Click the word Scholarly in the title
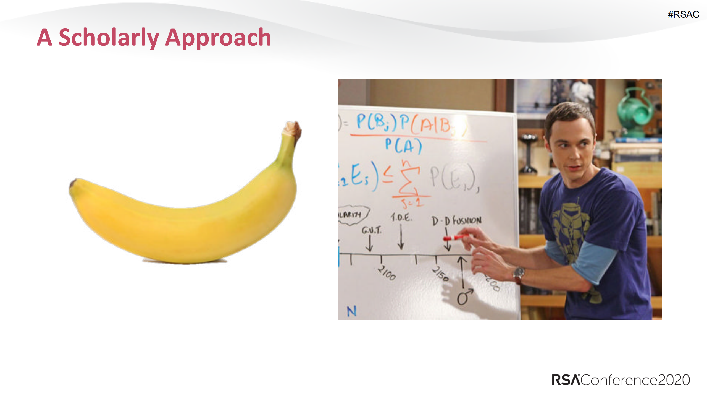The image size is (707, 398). coord(109,38)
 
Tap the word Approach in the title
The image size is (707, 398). coord(218,38)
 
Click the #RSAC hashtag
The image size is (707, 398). coord(683,14)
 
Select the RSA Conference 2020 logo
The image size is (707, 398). coord(621,380)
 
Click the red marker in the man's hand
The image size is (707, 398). coord(456,238)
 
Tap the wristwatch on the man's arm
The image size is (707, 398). coord(519,273)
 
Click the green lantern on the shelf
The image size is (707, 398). coord(635,111)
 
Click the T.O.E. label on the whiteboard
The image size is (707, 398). coord(401,217)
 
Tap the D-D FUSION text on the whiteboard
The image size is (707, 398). coord(456,221)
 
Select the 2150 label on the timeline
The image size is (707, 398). coord(441,274)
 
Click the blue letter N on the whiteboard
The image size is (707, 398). coord(351,311)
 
